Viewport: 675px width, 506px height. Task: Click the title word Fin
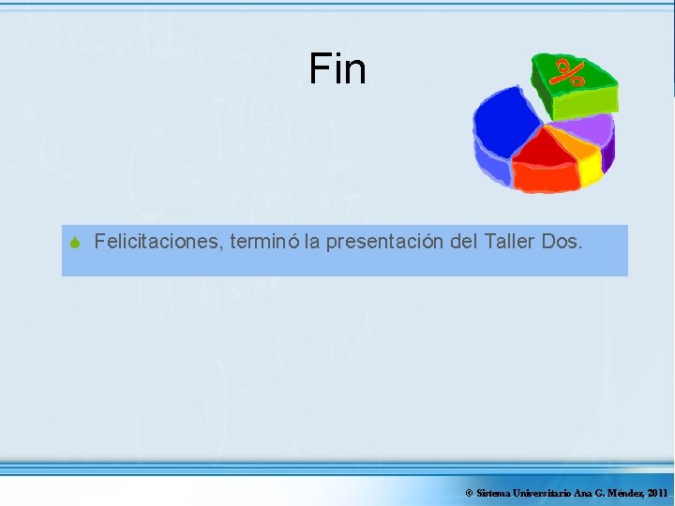(x=337, y=68)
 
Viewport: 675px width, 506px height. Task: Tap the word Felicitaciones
(x=157, y=243)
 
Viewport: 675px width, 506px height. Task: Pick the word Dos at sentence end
(x=561, y=243)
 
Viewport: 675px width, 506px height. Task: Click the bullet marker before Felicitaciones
(x=76, y=244)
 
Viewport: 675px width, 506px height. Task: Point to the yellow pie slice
(x=590, y=167)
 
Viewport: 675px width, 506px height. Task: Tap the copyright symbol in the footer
(x=469, y=493)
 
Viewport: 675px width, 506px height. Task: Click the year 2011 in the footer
(x=657, y=493)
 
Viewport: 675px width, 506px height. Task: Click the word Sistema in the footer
(x=493, y=493)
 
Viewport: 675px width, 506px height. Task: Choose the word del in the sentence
(x=464, y=243)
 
